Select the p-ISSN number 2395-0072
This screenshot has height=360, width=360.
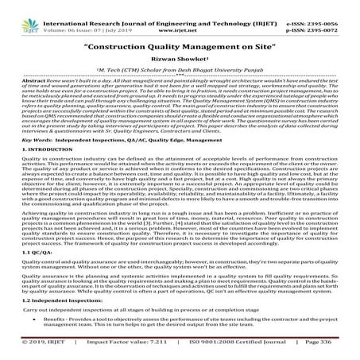click(335, 14)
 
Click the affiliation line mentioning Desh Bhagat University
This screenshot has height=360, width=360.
click(180, 69)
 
